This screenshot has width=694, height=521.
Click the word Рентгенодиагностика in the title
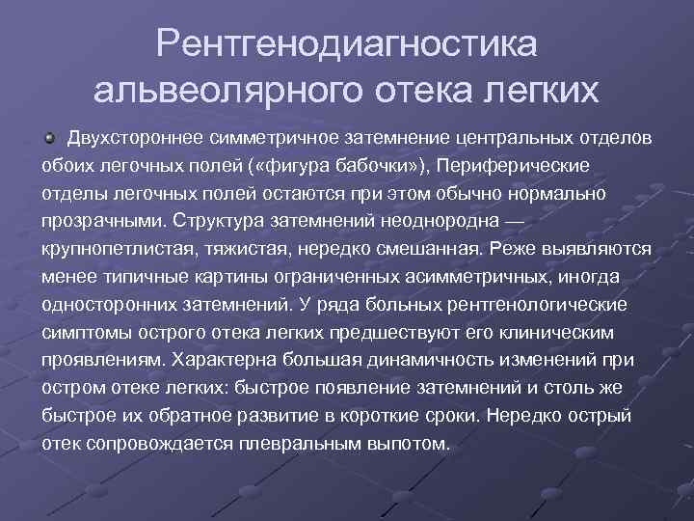click(348, 43)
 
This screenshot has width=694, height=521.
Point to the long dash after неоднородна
click(515, 220)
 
